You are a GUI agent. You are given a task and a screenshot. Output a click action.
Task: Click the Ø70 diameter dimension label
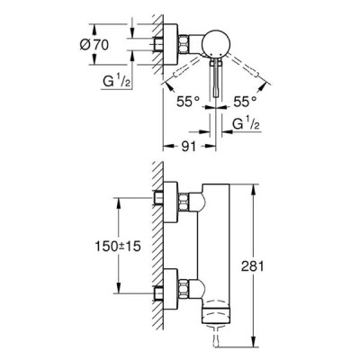point(94,45)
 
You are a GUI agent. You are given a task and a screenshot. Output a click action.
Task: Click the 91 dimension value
point(189,147)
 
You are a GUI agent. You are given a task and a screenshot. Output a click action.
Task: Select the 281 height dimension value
point(252,266)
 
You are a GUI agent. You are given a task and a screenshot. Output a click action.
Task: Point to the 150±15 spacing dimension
point(118,247)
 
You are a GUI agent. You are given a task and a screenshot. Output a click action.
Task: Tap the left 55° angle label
point(188,102)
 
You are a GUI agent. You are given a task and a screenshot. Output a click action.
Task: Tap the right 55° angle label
point(245,102)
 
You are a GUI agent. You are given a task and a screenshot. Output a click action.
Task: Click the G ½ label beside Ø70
point(117,81)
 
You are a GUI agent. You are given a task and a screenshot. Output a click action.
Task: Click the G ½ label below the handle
point(247,123)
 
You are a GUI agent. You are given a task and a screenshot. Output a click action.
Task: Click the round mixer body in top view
point(216,44)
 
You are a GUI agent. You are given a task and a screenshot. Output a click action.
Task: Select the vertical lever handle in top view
point(216,77)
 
